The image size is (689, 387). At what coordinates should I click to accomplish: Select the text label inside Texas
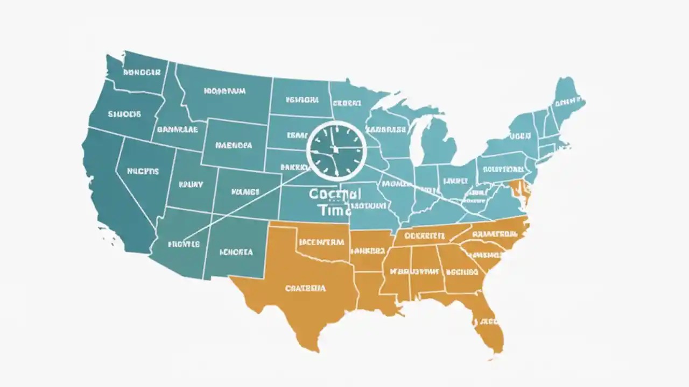(305, 288)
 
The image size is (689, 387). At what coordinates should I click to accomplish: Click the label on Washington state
(142, 72)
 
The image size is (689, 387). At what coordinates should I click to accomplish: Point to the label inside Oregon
(124, 114)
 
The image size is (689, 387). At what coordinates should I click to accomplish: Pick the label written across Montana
(224, 91)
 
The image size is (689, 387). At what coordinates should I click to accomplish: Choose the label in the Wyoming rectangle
(233, 145)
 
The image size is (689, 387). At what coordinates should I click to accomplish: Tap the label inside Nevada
(143, 171)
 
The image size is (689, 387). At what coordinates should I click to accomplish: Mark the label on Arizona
(184, 244)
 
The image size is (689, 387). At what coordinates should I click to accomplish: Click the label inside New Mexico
(236, 252)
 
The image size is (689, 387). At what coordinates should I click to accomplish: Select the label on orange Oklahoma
(321, 242)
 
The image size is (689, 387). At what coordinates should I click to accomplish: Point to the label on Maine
(568, 102)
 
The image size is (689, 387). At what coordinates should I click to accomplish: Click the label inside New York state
(520, 137)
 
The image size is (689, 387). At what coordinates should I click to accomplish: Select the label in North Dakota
(302, 99)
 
